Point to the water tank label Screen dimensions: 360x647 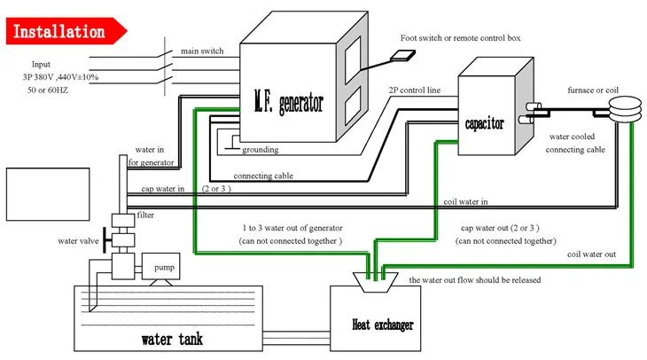pyautogui.click(x=174, y=339)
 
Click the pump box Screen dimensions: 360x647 pyautogui.click(x=165, y=266)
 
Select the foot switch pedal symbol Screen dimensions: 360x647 pyautogui.click(x=405, y=55)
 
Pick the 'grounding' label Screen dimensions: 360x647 pyautogui.click(x=259, y=150)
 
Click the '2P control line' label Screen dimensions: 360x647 pyautogui.click(x=413, y=90)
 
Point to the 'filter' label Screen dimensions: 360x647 pyautogui.click(x=146, y=215)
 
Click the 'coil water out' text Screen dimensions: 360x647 pyautogui.click(x=591, y=255)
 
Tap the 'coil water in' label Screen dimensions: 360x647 pyautogui.click(x=466, y=201)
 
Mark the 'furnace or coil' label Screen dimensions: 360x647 pyautogui.click(x=598, y=90)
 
